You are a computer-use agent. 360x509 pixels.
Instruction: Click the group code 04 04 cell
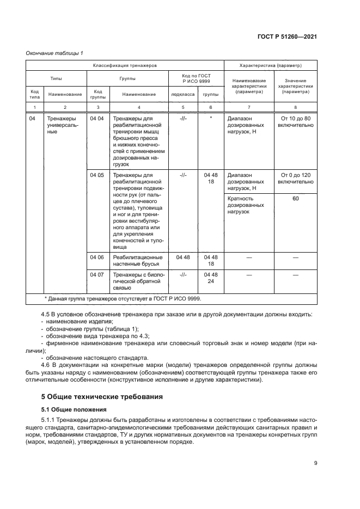point(96,118)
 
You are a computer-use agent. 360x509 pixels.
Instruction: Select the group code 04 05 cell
point(96,175)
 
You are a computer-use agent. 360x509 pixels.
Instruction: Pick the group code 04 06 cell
point(96,256)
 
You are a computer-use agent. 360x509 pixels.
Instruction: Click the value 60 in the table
point(295,199)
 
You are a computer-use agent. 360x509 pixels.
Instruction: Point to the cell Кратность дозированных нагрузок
point(246,205)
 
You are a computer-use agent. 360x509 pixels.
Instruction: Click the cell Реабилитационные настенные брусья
point(137,260)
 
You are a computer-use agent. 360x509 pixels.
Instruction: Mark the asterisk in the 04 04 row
point(211,118)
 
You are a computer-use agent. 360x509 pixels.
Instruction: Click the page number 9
point(315,463)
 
